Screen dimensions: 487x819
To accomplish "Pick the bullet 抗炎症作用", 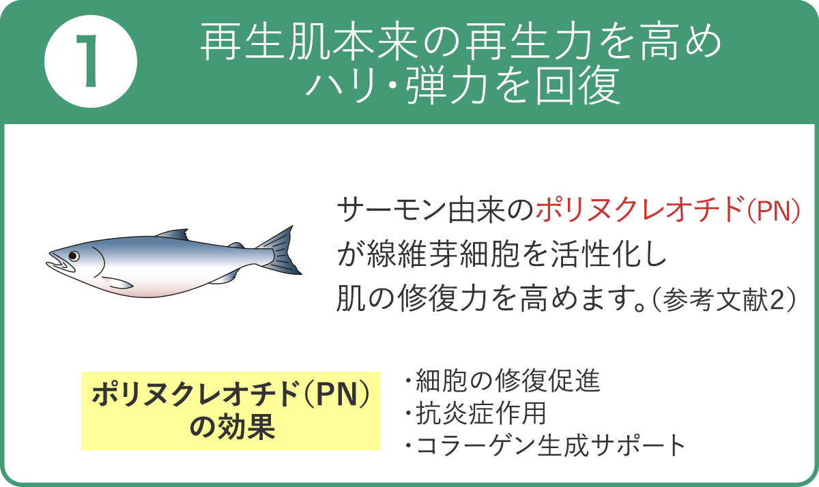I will tap(478, 413).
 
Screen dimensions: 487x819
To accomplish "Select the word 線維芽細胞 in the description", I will tap(437, 256).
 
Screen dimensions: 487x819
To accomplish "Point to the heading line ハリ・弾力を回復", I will tap(463, 87).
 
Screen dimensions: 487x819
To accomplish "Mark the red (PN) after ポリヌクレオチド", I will tap(773, 212).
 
